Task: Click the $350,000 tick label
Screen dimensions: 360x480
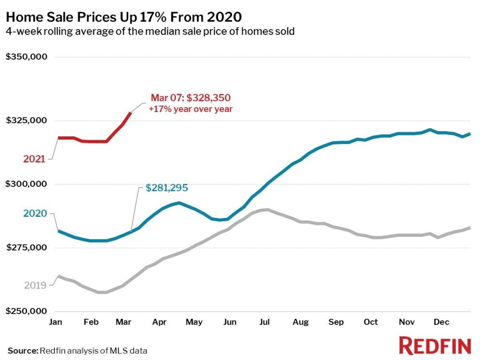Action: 26,57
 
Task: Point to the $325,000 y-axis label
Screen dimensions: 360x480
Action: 26,120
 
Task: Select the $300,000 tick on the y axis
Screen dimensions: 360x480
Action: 26,184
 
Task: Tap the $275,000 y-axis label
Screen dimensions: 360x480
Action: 26,247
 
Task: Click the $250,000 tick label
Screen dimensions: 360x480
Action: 26,311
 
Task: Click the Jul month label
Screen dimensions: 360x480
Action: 265,322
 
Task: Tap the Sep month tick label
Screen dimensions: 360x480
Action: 336,322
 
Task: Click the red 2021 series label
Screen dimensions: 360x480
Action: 34,159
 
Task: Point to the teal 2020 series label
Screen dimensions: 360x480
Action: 35,214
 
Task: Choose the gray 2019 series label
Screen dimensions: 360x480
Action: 34,285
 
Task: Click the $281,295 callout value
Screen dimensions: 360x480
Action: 166,188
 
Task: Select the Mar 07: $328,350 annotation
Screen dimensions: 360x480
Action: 190,98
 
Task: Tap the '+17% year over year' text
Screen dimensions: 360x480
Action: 190,109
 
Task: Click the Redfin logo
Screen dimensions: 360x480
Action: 435,346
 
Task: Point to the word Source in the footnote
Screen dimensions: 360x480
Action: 22,350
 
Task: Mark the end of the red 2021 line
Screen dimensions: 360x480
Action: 130,112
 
